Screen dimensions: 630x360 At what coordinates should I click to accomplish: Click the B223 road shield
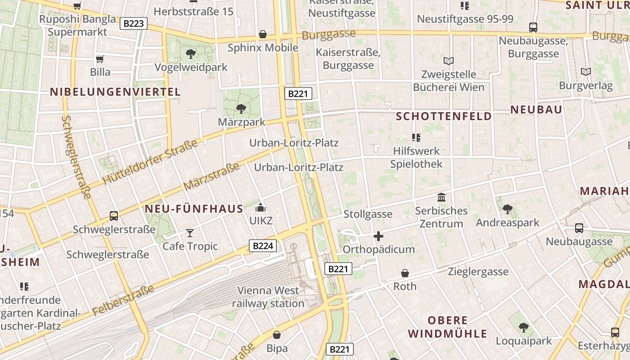point(134,23)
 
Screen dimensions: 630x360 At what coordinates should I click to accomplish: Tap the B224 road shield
point(262,246)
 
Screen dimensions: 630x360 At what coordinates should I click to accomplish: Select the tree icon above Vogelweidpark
point(191,54)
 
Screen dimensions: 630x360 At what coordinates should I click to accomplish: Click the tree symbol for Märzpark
point(241,108)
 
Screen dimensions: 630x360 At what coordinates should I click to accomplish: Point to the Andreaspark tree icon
point(508,209)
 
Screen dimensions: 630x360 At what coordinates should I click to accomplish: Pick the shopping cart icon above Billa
point(100,59)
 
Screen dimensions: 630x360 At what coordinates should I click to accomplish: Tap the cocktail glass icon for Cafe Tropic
point(190,233)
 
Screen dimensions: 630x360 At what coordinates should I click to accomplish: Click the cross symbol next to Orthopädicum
point(378,236)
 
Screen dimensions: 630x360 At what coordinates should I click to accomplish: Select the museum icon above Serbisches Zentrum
point(441,197)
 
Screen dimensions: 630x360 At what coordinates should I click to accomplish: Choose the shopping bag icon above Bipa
point(277,335)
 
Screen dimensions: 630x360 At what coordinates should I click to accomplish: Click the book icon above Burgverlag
point(585,72)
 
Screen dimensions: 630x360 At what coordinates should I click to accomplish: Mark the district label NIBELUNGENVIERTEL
point(115,92)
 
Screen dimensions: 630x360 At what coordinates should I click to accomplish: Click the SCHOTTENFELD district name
point(444,117)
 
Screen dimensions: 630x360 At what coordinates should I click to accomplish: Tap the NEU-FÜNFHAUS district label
point(194,209)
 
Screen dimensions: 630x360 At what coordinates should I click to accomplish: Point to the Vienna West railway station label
point(268,297)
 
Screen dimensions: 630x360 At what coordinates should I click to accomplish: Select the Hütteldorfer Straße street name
point(150,162)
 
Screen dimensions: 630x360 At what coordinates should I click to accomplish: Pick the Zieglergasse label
point(478,271)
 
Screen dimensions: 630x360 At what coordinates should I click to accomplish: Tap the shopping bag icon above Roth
point(405,273)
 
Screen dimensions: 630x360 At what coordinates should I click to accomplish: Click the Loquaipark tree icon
point(523,327)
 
